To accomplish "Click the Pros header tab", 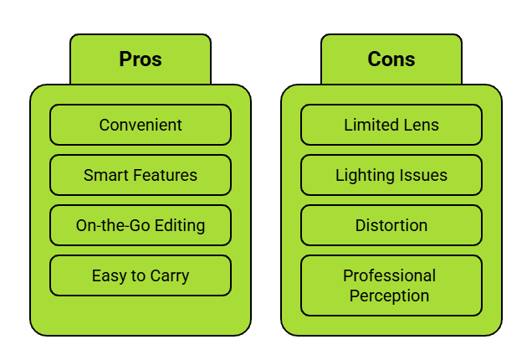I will [x=141, y=59].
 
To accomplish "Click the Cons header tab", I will [x=391, y=59].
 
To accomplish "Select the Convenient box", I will [x=141, y=125].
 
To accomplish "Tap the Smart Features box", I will [x=141, y=175].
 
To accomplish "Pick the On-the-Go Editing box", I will [x=141, y=225].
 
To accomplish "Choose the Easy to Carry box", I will [x=141, y=275].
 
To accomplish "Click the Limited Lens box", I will [x=391, y=125].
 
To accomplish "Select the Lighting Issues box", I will [x=391, y=175].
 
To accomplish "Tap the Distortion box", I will [x=391, y=225].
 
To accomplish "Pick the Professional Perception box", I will [x=391, y=285].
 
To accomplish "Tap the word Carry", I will [x=169, y=275].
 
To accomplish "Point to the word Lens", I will [x=422, y=125].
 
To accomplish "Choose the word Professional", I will [x=390, y=275].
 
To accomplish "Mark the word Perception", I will [x=390, y=296].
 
